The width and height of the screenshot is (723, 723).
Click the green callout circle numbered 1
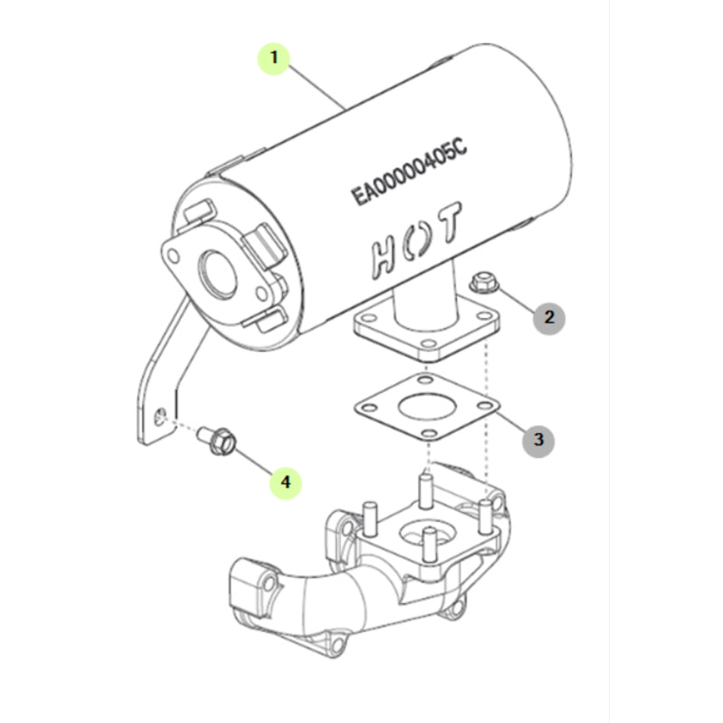(274, 59)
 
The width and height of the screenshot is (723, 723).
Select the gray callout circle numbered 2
(549, 318)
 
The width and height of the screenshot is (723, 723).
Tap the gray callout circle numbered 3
(538, 440)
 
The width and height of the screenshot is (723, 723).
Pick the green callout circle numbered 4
(286, 483)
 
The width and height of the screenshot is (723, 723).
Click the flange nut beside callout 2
(484, 283)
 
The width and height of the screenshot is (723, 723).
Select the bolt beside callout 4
(217, 440)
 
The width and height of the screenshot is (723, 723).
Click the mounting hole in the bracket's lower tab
(160, 416)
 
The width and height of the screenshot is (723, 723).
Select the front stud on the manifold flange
(429, 544)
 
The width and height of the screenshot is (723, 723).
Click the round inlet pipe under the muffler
(425, 301)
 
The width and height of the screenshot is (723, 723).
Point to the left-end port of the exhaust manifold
(249, 587)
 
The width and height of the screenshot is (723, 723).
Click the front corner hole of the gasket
(429, 434)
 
